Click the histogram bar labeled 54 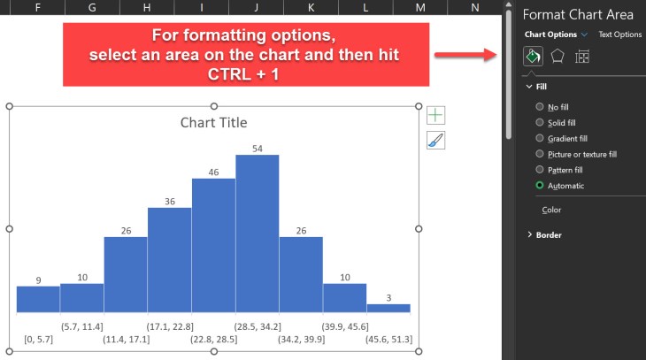[257, 234]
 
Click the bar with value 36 [169, 260]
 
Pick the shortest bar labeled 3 [388, 308]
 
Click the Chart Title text [213, 123]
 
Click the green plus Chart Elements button [435, 115]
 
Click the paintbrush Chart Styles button [435, 140]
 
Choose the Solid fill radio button [541, 122]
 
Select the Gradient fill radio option [541, 138]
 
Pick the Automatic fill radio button [541, 186]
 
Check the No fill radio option [541, 106]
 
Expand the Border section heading [549, 234]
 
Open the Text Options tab [619, 34]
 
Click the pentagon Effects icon [558, 57]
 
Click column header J [256, 7]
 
